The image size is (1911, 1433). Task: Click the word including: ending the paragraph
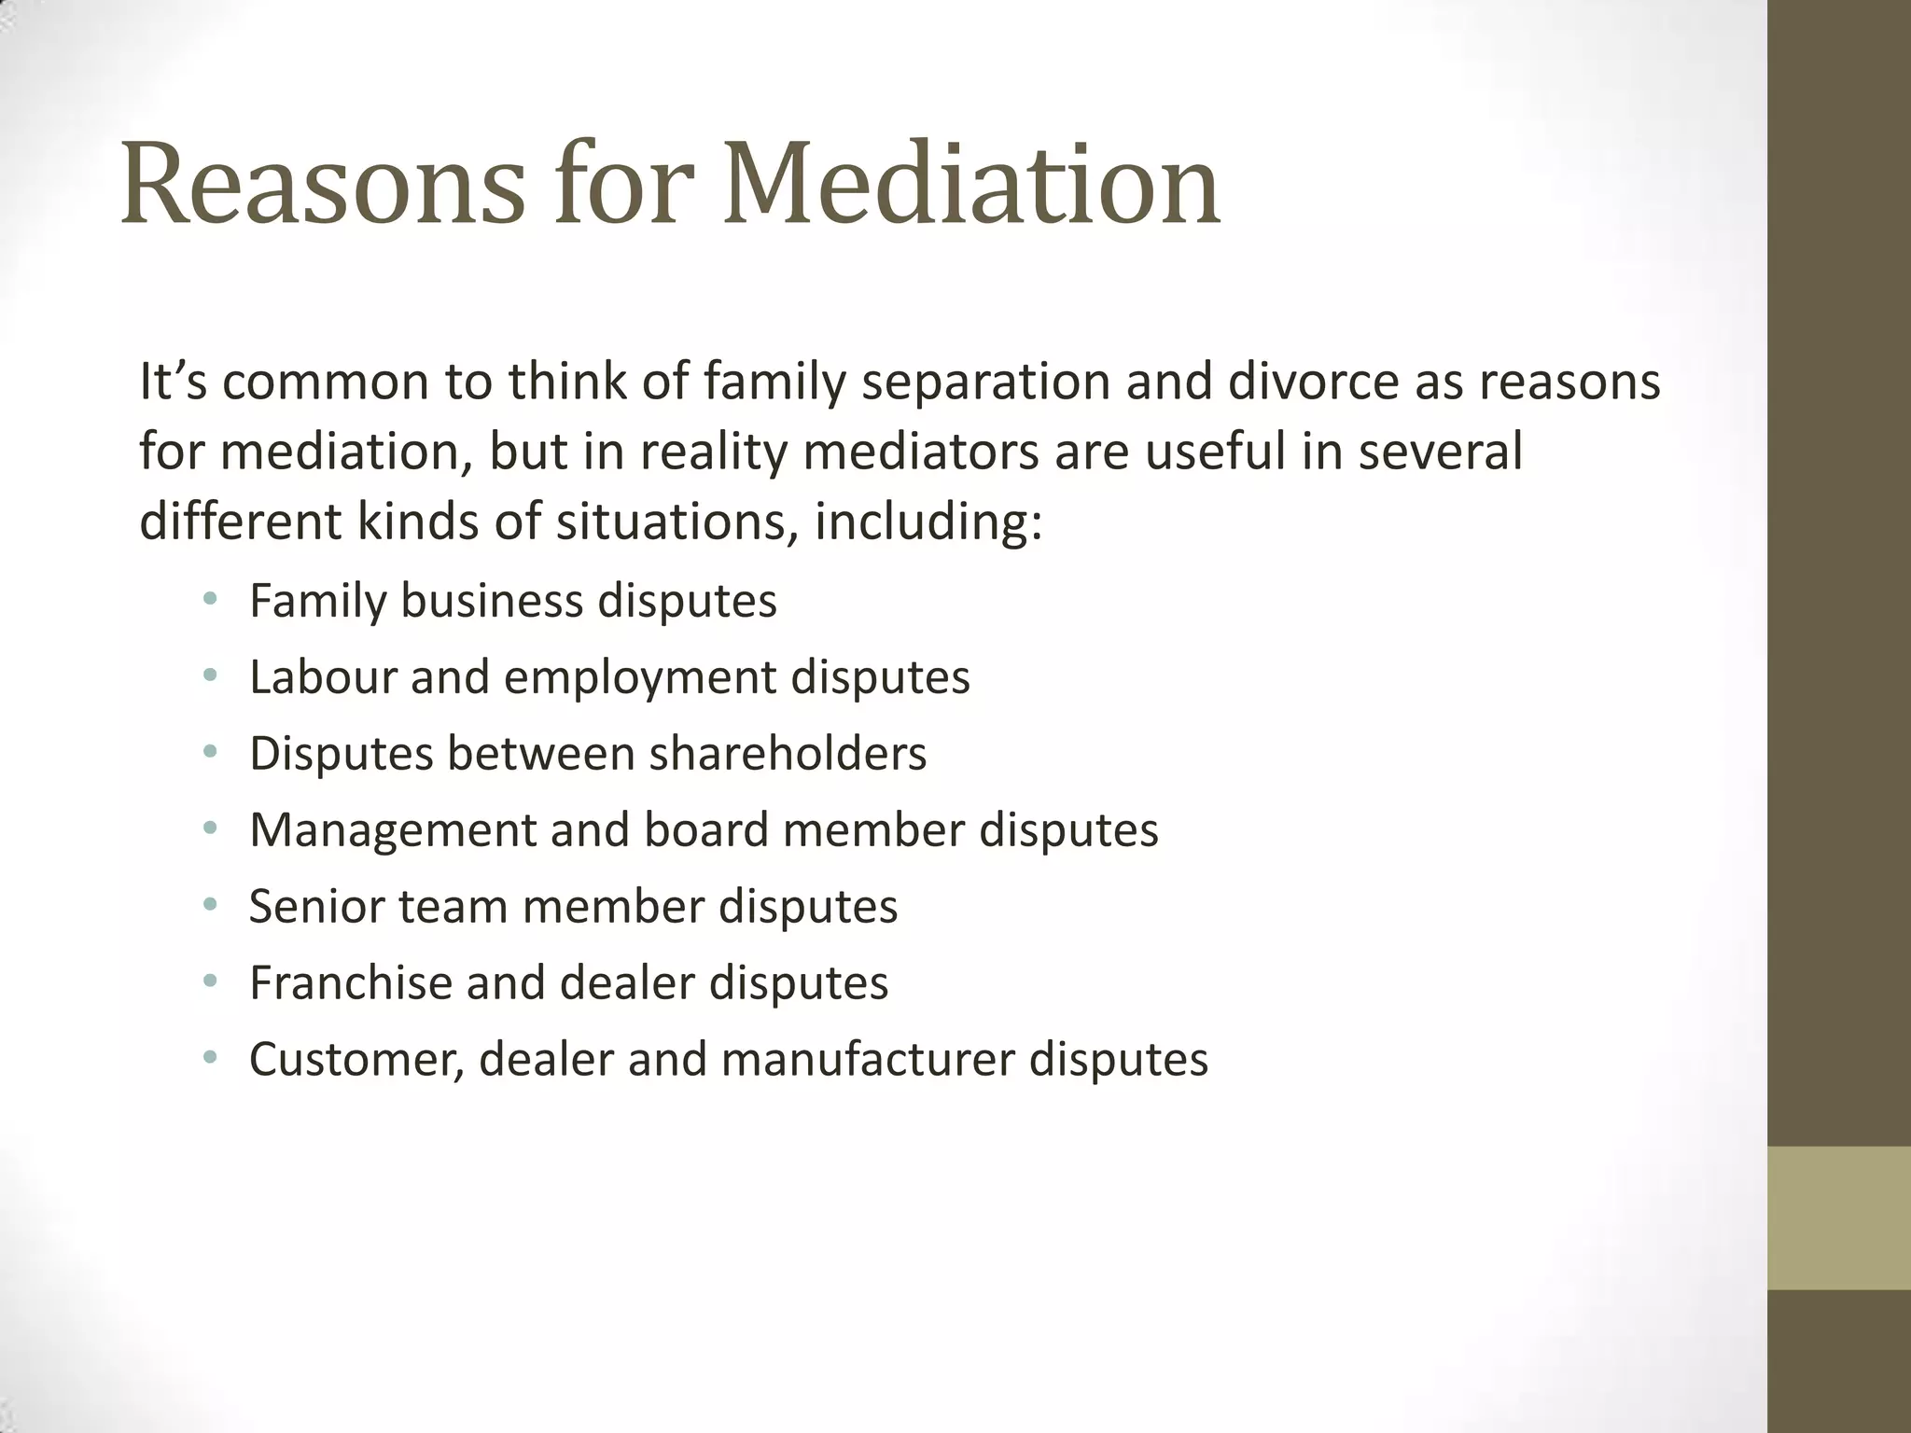coord(928,522)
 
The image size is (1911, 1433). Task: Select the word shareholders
coord(788,753)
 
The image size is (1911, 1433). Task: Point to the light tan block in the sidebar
coord(1838,1217)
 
